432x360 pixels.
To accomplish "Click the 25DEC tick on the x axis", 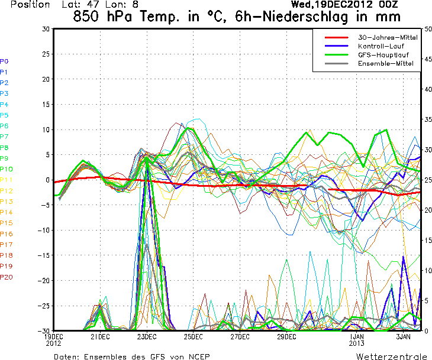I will pyautogui.click(x=193, y=337).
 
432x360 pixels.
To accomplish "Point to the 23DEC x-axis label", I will pyautogui.click(x=147, y=337).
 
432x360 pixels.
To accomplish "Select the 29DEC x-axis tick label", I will pyautogui.click(x=286, y=337).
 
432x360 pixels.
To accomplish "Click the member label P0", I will pyautogui.click(x=4, y=61).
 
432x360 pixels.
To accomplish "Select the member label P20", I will pyautogui.click(x=7, y=277).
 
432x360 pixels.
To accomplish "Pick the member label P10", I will pyautogui.click(x=7, y=169).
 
